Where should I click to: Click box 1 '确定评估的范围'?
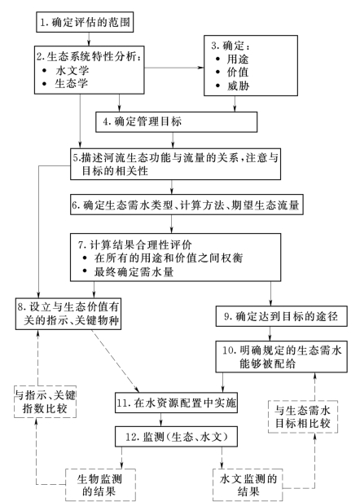click(85, 22)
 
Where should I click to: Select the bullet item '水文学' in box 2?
click(72, 70)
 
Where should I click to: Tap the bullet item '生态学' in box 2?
click(72, 84)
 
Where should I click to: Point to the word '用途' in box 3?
click(238, 59)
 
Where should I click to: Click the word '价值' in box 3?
click(238, 73)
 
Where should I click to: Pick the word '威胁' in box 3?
click(238, 86)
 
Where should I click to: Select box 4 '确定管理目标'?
click(176, 121)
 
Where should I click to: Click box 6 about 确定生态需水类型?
click(187, 205)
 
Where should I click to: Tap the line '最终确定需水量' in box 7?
click(134, 272)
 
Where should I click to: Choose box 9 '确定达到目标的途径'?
click(281, 316)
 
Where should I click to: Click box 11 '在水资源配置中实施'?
click(176, 403)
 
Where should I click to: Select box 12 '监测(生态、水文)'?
click(176, 437)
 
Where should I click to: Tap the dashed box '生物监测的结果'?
click(100, 485)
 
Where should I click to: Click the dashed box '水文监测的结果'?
click(248, 485)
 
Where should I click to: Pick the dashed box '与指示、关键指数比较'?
click(45, 402)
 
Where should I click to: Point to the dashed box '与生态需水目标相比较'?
click(303, 416)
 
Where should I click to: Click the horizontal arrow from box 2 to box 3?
click(174, 68)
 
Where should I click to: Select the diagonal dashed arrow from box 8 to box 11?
click(115, 361)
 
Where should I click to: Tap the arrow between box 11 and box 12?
click(160, 420)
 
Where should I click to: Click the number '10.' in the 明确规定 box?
click(230, 350)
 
